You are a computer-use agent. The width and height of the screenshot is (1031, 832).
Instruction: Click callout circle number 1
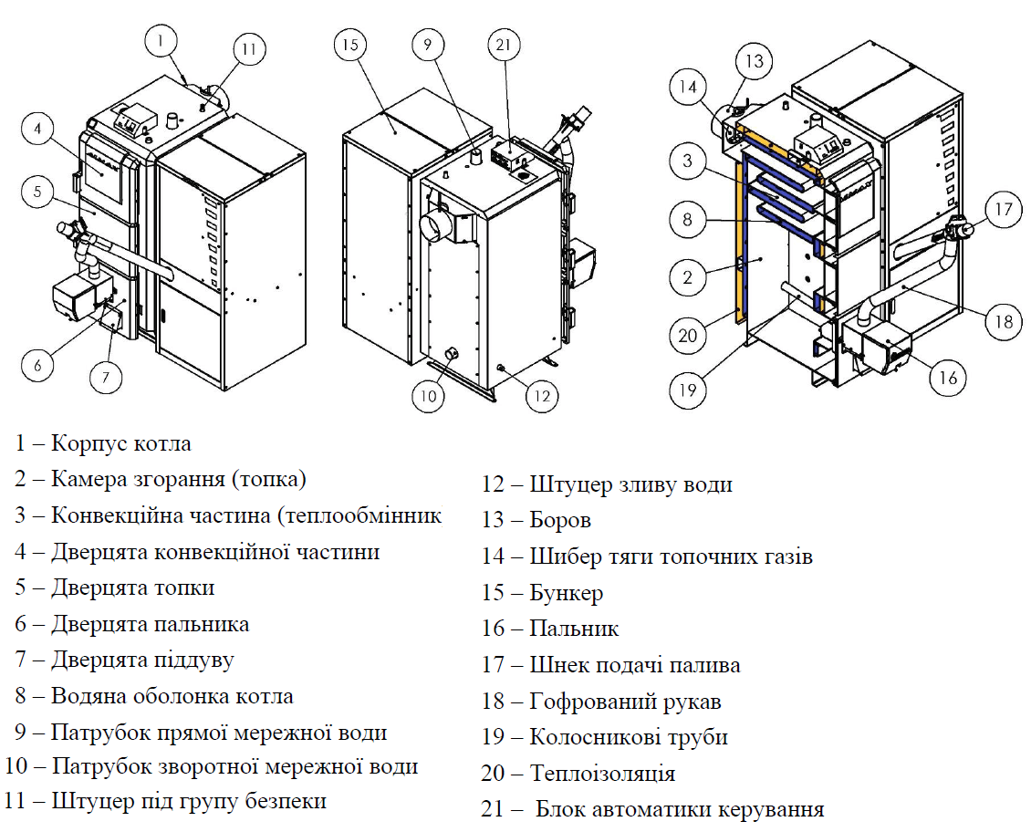coord(161,40)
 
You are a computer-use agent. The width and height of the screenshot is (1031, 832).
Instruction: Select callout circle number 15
coord(350,44)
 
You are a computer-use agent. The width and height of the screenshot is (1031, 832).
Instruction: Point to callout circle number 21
coord(505,44)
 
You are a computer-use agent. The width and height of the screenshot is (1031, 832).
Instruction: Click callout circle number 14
coord(689,88)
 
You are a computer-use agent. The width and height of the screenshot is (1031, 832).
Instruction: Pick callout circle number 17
coord(1004,210)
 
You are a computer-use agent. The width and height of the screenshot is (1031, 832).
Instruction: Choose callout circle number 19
coord(687,390)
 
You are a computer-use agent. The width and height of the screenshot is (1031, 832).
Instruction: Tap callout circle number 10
coord(427,395)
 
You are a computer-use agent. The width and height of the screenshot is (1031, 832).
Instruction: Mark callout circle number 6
coord(37,366)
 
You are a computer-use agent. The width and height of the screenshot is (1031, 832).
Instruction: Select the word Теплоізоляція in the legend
coord(603,774)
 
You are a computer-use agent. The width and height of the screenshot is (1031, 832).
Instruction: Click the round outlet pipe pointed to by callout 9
coord(475,159)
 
